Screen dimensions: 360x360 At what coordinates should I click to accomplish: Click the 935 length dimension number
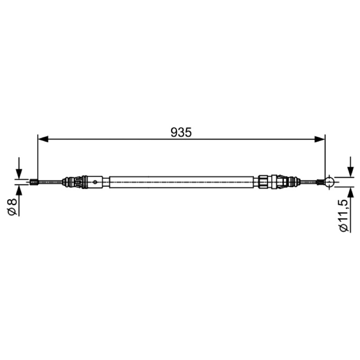point(181,132)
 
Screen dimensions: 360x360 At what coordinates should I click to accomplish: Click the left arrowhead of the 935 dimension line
point(43,139)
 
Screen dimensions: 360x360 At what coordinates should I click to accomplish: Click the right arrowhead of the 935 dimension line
point(319,139)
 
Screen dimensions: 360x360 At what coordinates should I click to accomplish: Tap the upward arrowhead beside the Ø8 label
point(19,190)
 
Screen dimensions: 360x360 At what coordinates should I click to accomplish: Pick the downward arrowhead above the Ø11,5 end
point(351,171)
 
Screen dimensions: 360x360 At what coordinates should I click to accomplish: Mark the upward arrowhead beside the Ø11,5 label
point(351,193)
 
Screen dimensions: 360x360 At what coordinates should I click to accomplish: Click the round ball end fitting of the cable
point(329,182)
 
